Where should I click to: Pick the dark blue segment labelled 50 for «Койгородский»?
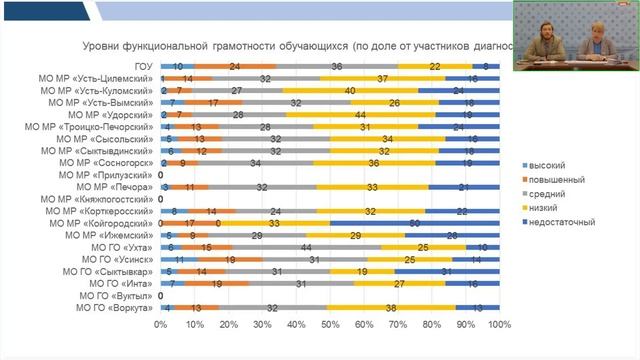[414, 223]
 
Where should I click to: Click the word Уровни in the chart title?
[100, 45]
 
